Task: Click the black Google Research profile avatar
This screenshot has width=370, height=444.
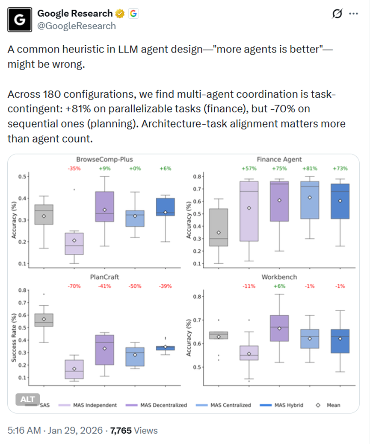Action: pos(20,20)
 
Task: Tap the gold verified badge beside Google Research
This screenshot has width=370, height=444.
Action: pos(120,14)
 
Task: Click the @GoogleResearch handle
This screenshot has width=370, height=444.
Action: pos(77,26)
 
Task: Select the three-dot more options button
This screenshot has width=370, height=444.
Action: pos(354,14)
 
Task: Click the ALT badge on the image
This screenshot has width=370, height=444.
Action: pos(27,399)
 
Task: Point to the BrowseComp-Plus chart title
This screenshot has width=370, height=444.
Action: pos(104,159)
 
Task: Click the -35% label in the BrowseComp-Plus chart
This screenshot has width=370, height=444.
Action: pos(74,169)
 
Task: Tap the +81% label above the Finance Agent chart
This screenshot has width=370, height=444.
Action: pos(310,169)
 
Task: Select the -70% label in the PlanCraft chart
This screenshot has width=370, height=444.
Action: pos(74,286)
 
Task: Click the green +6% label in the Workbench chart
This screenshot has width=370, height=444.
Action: pos(279,286)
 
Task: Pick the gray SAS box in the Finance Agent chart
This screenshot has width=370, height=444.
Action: pos(219,228)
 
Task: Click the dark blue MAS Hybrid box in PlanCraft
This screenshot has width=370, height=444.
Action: pos(166,348)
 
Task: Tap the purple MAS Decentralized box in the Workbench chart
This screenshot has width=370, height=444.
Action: pos(279,328)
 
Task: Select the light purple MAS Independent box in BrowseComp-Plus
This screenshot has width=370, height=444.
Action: pos(74,244)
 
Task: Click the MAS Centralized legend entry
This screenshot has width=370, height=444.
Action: pos(223,405)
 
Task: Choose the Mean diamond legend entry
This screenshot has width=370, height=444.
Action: pos(328,405)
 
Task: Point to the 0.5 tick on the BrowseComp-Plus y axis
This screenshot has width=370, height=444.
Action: pos(22,176)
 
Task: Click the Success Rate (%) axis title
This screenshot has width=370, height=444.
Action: pos(14,338)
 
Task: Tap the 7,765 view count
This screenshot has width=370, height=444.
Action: pos(121,430)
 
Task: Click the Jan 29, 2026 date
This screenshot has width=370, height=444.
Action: pos(75,430)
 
